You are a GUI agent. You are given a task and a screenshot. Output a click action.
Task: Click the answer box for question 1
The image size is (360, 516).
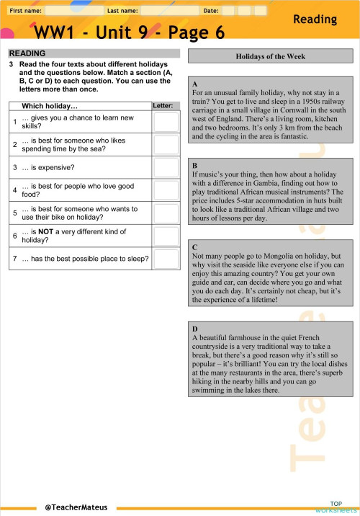166,122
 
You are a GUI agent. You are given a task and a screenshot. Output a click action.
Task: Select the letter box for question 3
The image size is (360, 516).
166,167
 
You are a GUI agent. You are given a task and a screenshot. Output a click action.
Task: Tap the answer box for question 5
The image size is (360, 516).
166,213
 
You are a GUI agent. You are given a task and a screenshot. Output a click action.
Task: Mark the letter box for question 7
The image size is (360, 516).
166,258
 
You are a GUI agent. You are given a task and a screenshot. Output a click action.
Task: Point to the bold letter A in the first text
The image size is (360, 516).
195,84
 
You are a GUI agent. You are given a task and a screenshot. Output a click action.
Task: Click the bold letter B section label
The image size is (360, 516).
195,165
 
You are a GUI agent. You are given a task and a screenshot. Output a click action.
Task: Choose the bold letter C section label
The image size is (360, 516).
195,247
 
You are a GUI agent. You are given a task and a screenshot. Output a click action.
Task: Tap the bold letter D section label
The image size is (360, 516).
195,328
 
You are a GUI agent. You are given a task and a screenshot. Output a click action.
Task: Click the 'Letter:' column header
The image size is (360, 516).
163,106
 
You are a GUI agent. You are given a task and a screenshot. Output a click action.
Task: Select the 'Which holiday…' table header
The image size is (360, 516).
50,106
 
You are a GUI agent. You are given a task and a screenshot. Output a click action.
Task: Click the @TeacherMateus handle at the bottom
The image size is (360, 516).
76,507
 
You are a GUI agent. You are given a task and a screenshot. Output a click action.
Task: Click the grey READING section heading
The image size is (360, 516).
27,53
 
